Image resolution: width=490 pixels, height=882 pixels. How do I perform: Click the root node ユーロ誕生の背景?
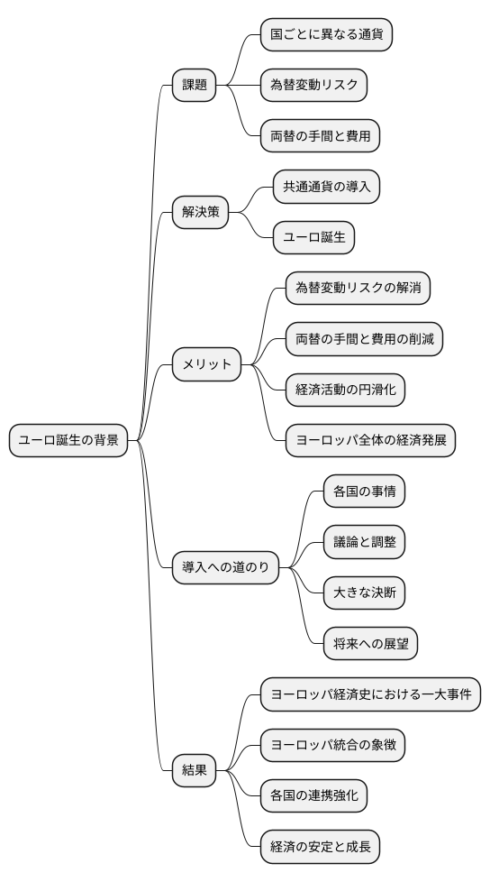[68, 441]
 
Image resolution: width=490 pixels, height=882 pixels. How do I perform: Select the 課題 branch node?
[195, 86]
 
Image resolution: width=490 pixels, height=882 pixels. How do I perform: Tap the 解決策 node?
[201, 213]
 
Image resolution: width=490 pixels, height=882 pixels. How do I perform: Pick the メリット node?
[207, 365]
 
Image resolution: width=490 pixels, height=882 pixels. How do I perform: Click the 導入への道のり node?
[226, 567]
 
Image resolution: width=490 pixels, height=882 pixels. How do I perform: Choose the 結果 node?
[195, 770]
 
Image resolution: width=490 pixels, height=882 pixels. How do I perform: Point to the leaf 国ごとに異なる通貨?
[326, 35]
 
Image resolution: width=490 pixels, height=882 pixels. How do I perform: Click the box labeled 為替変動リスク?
[313, 86]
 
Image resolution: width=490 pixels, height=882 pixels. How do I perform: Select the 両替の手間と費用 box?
[320, 136]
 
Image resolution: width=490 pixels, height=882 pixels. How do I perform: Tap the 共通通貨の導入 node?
[326, 188]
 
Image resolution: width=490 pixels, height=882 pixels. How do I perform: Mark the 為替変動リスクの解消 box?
[358, 289]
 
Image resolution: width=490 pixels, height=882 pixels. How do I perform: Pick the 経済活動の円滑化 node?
[345, 390]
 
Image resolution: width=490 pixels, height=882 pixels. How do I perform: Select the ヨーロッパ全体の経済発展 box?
[370, 441]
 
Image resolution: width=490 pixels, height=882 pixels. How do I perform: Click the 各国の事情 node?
[364, 492]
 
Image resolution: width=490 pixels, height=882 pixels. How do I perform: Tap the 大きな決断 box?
[364, 593]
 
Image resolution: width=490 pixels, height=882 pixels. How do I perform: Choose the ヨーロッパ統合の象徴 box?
[332, 745]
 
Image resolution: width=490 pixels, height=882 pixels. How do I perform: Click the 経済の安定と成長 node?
[320, 847]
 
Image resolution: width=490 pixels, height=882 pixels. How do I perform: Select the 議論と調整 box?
[364, 542]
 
